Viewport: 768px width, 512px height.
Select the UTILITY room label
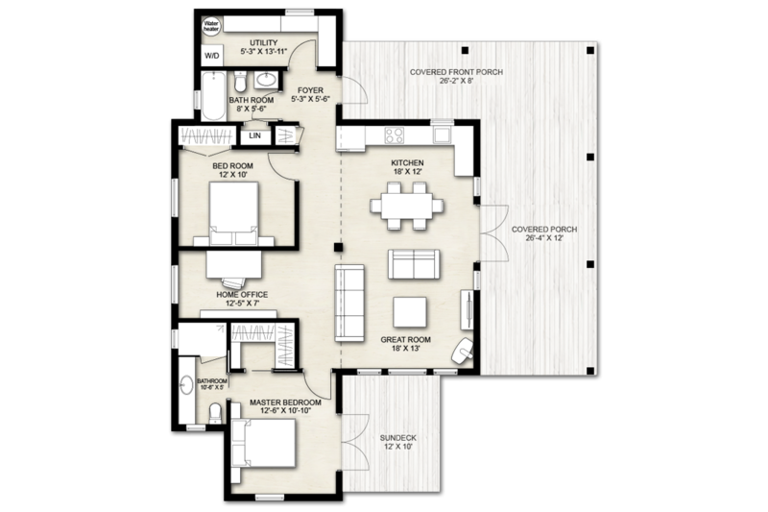coord(264,43)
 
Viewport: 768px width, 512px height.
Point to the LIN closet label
coord(255,136)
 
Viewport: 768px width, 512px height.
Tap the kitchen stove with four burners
coord(395,134)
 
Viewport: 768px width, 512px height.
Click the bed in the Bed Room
coord(233,213)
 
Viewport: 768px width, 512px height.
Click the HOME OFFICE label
coord(241,295)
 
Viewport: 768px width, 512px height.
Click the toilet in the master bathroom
coord(216,414)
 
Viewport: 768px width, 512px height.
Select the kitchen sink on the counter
coord(442,134)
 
